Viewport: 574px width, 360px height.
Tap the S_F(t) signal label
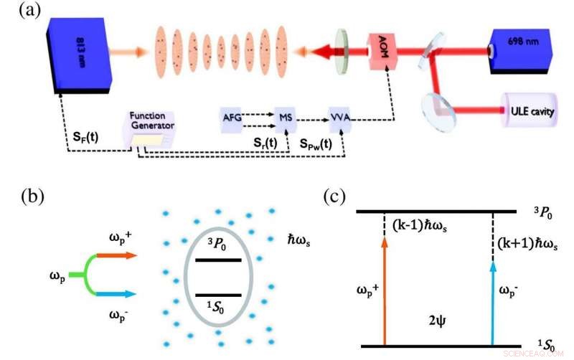point(86,138)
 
